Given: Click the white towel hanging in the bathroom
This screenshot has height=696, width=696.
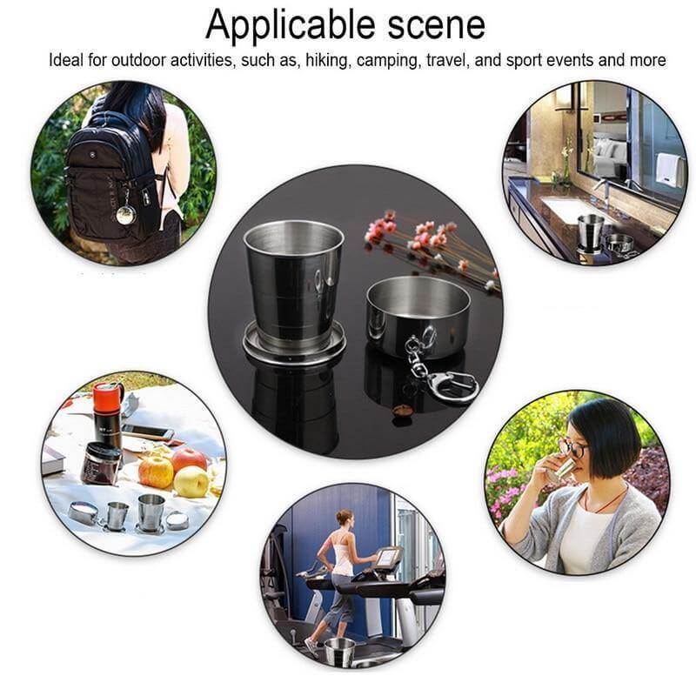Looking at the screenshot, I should point(668,169).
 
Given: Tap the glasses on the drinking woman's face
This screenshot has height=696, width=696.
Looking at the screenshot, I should point(572,449).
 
